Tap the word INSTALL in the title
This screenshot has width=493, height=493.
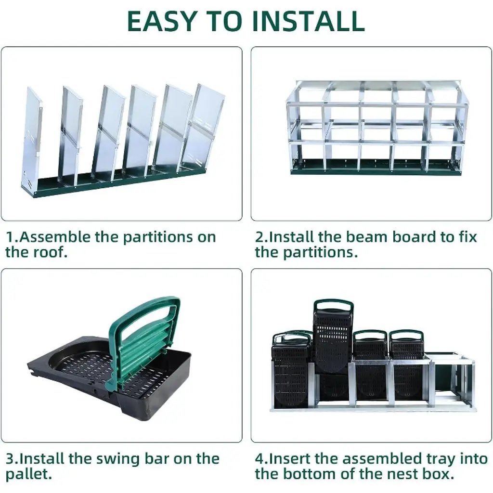[x=309, y=21]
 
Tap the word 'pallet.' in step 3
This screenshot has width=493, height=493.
[x=28, y=474]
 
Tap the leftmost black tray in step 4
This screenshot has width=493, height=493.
[x=291, y=371]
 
